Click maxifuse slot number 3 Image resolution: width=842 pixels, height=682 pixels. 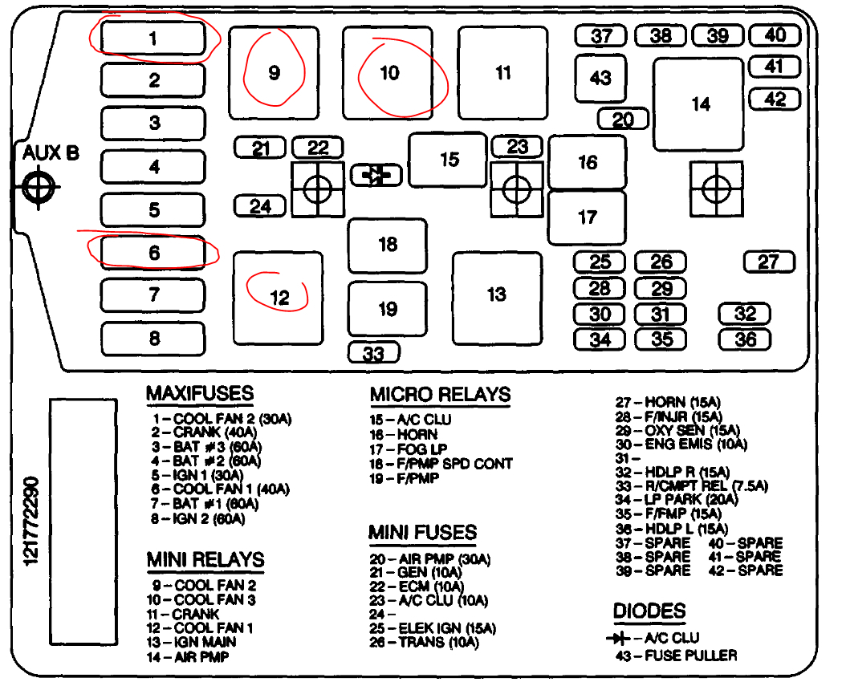tap(154, 123)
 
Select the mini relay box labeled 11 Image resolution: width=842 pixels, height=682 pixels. tap(502, 72)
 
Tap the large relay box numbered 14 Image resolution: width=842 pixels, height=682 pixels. tap(698, 104)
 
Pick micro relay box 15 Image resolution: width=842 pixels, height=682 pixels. tap(448, 159)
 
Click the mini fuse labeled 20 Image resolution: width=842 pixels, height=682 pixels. tap(623, 120)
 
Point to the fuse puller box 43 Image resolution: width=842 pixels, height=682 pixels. tap(600, 79)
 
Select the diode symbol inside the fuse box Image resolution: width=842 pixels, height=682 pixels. tap(376, 175)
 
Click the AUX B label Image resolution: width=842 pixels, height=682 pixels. tap(50, 152)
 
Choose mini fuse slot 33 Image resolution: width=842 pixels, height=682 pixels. tap(373, 352)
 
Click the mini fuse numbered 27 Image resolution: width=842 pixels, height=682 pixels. tap(768, 262)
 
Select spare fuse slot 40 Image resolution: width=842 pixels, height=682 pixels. tap(775, 35)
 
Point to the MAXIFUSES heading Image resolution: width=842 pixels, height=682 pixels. tap(200, 394)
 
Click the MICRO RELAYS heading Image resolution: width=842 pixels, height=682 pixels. tap(440, 395)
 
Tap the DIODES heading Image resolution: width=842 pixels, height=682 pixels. tap(649, 611)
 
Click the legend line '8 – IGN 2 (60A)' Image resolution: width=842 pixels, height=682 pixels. tap(197, 518)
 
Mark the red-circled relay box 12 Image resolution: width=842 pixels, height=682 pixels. tap(278, 298)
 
